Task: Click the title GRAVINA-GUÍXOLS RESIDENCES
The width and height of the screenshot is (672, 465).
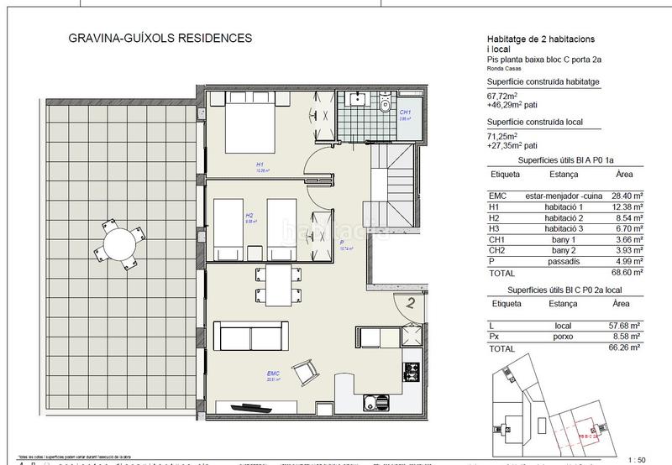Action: (x=152, y=39)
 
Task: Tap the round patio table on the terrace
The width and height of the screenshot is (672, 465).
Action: (x=112, y=243)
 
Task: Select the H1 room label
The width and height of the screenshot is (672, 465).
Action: (x=260, y=165)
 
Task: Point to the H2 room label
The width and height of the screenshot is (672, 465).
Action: (x=249, y=216)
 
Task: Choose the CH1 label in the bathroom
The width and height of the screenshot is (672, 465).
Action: (x=405, y=112)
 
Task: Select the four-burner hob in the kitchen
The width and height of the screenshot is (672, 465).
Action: (x=412, y=369)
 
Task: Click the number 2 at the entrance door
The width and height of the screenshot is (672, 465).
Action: (x=412, y=305)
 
